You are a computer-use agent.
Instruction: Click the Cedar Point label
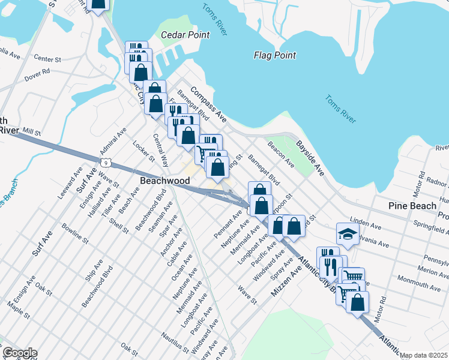click(x=185, y=35)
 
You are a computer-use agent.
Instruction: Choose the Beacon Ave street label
click(x=281, y=154)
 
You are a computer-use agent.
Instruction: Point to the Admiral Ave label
click(x=113, y=140)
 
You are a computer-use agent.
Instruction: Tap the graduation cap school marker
click(x=347, y=233)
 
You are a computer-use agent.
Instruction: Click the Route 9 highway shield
click(x=106, y=162)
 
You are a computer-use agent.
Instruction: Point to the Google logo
click(x=20, y=353)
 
